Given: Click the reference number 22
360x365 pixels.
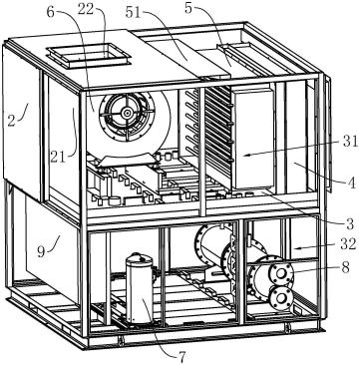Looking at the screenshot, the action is (x=85, y=10).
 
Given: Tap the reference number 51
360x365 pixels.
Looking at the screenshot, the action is (x=134, y=12).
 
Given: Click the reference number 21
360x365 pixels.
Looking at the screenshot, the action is (x=59, y=157).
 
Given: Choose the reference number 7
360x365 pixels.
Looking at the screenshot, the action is (x=181, y=357).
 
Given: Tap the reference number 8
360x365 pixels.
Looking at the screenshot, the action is (x=345, y=267).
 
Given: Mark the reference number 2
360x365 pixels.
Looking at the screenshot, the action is (x=11, y=120).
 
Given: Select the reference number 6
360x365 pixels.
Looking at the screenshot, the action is (x=50, y=11).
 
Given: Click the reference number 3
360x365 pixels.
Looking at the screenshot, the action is (x=350, y=224).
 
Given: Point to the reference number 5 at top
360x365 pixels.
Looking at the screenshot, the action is (x=188, y=8).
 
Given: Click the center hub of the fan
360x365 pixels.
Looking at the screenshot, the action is (x=127, y=114).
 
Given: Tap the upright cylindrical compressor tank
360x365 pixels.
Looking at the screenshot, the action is (x=140, y=288).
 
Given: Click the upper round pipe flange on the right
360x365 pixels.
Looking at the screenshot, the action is (x=281, y=273).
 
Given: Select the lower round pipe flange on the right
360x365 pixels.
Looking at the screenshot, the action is (x=281, y=297).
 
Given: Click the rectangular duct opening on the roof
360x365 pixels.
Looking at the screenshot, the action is (x=88, y=56).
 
